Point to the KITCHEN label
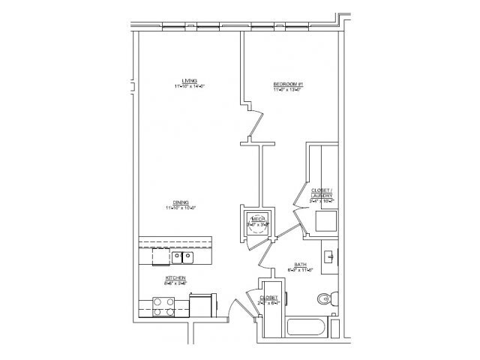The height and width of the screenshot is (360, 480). [175, 277]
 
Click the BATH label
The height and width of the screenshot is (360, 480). [300, 265]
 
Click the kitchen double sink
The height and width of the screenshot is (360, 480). [182, 258]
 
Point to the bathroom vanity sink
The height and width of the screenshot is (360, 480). [331, 256]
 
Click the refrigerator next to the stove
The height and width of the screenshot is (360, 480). [202, 306]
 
